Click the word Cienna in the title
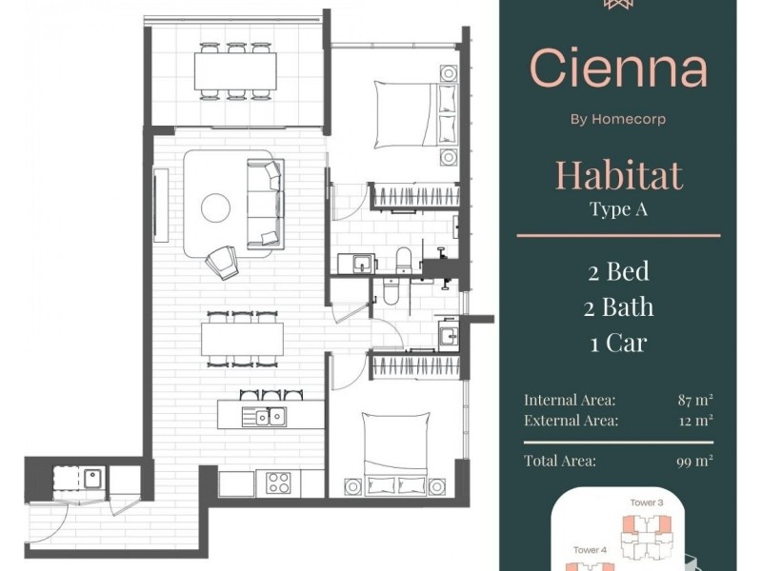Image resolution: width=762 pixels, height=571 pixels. coord(618,68)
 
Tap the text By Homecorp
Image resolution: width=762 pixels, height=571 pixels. coord(618,119)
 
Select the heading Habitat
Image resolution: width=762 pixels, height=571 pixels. coord(618,175)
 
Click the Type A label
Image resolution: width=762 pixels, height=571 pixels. coord(618,208)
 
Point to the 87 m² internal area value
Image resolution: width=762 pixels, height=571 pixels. coord(695,400)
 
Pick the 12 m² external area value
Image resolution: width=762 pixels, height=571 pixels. coord(696,420)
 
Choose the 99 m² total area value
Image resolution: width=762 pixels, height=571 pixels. coord(695,461)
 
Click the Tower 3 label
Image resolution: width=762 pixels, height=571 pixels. coord(647,502)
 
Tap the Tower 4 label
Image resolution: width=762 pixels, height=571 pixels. coord(590,550)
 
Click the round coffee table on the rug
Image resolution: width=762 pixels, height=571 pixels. coord(216,207)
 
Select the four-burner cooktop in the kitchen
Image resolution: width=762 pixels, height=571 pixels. coord(278,482)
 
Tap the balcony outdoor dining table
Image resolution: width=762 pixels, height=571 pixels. coord(235,70)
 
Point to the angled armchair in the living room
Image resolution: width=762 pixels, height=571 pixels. coord(223,263)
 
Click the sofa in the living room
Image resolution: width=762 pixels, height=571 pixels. coord(266,204)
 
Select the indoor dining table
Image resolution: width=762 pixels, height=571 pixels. coord(243,339)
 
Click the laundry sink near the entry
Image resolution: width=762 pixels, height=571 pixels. coord(92,479)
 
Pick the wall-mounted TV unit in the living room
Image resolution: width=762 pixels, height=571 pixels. coord(161,205)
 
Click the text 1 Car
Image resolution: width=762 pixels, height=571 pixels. coord(618,343)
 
